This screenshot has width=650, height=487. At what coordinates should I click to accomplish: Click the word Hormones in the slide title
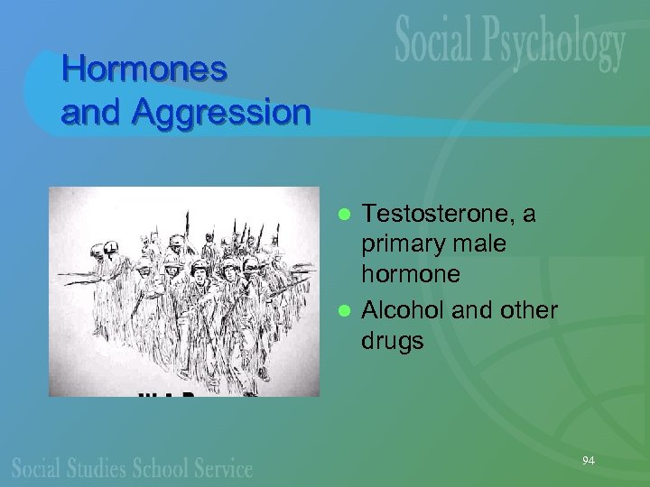(x=144, y=69)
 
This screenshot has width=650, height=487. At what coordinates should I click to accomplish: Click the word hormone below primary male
(x=411, y=273)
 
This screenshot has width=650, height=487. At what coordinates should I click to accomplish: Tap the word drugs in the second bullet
(x=393, y=340)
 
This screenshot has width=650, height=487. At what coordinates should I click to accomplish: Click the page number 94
(x=589, y=461)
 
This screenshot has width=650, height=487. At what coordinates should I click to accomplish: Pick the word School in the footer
(x=162, y=467)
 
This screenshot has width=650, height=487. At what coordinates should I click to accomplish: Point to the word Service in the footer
(x=223, y=467)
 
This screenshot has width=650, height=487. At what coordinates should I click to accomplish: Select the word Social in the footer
(x=36, y=467)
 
